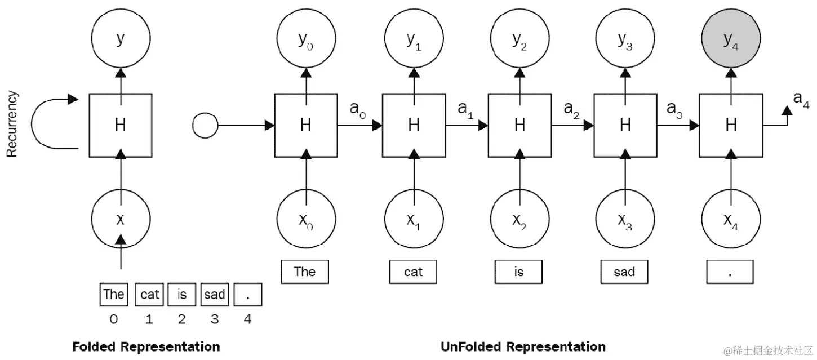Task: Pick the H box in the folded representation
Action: coord(120,125)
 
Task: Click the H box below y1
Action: coord(413,125)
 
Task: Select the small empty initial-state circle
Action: coord(204,125)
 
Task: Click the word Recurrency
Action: coord(13,125)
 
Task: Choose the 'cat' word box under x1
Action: coord(413,272)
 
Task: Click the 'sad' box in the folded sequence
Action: coord(214,294)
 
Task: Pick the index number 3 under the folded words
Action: coord(214,319)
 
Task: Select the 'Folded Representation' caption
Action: coord(146,346)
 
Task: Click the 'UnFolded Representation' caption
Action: coord(523,346)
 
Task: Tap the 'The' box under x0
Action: coord(305,272)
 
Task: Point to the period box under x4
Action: coord(730,272)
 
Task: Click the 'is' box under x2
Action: coord(518,272)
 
